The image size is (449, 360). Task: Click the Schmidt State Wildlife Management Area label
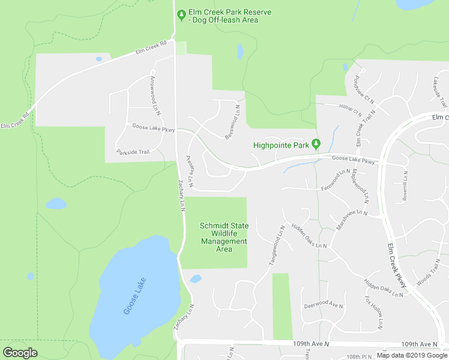(223, 237)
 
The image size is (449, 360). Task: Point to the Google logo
(20, 352)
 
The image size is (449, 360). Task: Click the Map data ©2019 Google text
(412, 355)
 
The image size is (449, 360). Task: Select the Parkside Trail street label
(133, 152)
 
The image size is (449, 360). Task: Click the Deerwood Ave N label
(324, 304)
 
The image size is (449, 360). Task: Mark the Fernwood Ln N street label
(335, 178)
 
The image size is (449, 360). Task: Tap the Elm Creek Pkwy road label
(397, 269)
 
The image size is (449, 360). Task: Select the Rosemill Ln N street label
(405, 185)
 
